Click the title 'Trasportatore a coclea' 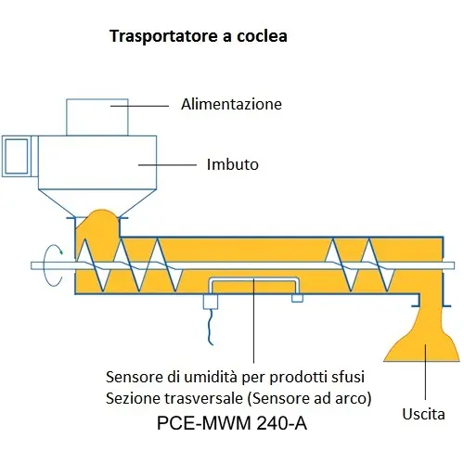tap(199, 36)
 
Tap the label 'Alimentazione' tap(231, 104)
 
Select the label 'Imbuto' tap(233, 164)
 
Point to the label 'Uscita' tap(423, 414)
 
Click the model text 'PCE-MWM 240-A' tap(232, 423)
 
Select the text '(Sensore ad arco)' tap(309, 398)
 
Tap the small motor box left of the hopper tap(17, 156)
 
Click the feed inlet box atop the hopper tap(97, 117)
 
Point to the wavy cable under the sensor tap(211, 327)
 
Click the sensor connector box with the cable tap(211, 302)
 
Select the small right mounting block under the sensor tap(298, 298)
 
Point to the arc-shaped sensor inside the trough tap(253, 280)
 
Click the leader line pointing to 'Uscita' tap(425, 371)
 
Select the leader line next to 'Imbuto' tap(167, 165)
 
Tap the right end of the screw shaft tap(454, 265)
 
